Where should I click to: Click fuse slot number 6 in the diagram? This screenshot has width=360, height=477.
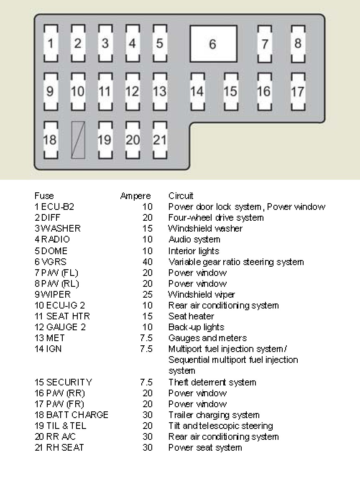point(213,44)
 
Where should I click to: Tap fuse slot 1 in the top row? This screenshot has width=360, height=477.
point(51,43)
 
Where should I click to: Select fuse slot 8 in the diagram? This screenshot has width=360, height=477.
point(298,43)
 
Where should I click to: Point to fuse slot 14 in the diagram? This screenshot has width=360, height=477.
point(197,92)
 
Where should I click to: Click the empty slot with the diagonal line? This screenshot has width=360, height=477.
point(78,140)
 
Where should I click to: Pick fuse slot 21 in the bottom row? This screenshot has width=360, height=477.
point(159,140)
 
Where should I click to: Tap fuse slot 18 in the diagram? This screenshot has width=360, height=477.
point(50,140)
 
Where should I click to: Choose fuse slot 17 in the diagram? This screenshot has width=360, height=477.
point(297,92)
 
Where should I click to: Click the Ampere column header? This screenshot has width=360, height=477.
point(135,196)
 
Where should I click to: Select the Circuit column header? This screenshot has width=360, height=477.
point(181,196)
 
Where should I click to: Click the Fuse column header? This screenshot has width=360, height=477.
point(44,196)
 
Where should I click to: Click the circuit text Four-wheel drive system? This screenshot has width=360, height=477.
point(216,218)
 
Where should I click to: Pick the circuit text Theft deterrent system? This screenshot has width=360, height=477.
point(212,382)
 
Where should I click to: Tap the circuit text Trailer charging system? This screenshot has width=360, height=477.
point(214,415)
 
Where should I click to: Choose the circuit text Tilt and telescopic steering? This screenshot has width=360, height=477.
point(220,426)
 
